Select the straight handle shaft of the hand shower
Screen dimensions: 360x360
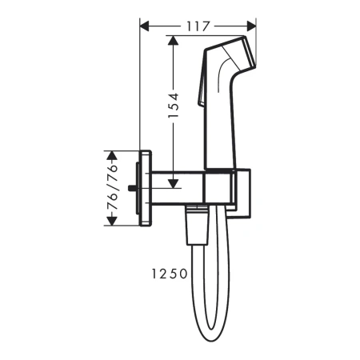[221, 128]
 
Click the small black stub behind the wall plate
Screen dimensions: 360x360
[132, 189]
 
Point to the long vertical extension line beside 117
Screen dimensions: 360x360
[140, 88]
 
